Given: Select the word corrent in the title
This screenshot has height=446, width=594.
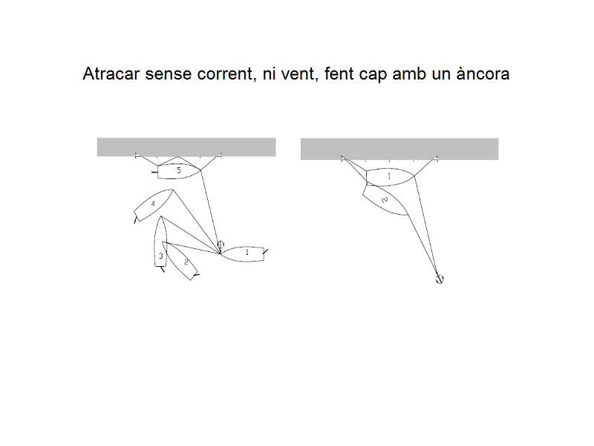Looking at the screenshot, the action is (x=225, y=74).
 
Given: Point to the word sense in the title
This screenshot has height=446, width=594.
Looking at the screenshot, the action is (x=169, y=74).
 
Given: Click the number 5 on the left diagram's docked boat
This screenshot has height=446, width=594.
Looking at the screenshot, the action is (x=179, y=171).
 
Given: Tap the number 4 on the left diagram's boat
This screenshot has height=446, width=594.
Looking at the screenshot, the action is (x=153, y=204).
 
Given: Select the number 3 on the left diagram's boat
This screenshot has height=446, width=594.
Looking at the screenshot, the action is (x=160, y=256).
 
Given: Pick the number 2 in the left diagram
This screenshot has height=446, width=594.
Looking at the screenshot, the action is (x=186, y=262).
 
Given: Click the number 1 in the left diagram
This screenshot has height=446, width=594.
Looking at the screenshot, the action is (x=247, y=252).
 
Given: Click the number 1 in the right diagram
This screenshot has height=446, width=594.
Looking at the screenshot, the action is (x=388, y=176).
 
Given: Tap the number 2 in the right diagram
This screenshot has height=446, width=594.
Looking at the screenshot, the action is (x=385, y=200).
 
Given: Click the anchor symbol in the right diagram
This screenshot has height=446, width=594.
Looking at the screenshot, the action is (x=439, y=279).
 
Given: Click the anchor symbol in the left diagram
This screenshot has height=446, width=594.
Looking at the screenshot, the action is (x=221, y=245).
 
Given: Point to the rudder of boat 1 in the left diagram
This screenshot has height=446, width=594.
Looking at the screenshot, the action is (x=266, y=251).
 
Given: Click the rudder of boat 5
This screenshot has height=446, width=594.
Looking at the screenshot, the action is (x=154, y=172).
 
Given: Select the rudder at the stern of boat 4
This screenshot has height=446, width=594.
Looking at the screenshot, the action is (x=135, y=219).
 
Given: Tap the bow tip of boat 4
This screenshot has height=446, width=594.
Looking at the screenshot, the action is (x=173, y=190).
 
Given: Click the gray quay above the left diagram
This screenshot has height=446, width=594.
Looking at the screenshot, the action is (x=186, y=147).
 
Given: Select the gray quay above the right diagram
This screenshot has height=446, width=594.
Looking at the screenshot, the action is (x=399, y=149).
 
